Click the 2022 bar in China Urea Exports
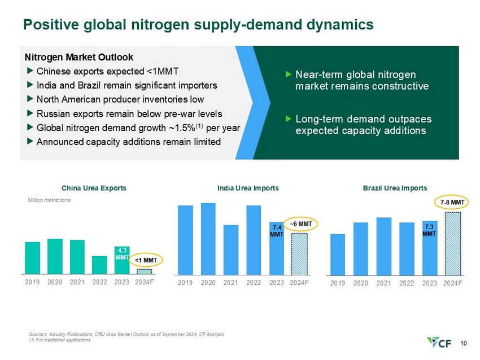(x=99, y=265)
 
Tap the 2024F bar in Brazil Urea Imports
(x=453, y=243)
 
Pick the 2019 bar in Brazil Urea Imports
(x=337, y=253)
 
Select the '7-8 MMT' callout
(x=452, y=201)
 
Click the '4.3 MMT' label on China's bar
(x=123, y=253)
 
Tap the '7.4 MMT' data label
(x=276, y=230)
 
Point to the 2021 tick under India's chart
(x=231, y=282)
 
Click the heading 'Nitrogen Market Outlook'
(x=78, y=57)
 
